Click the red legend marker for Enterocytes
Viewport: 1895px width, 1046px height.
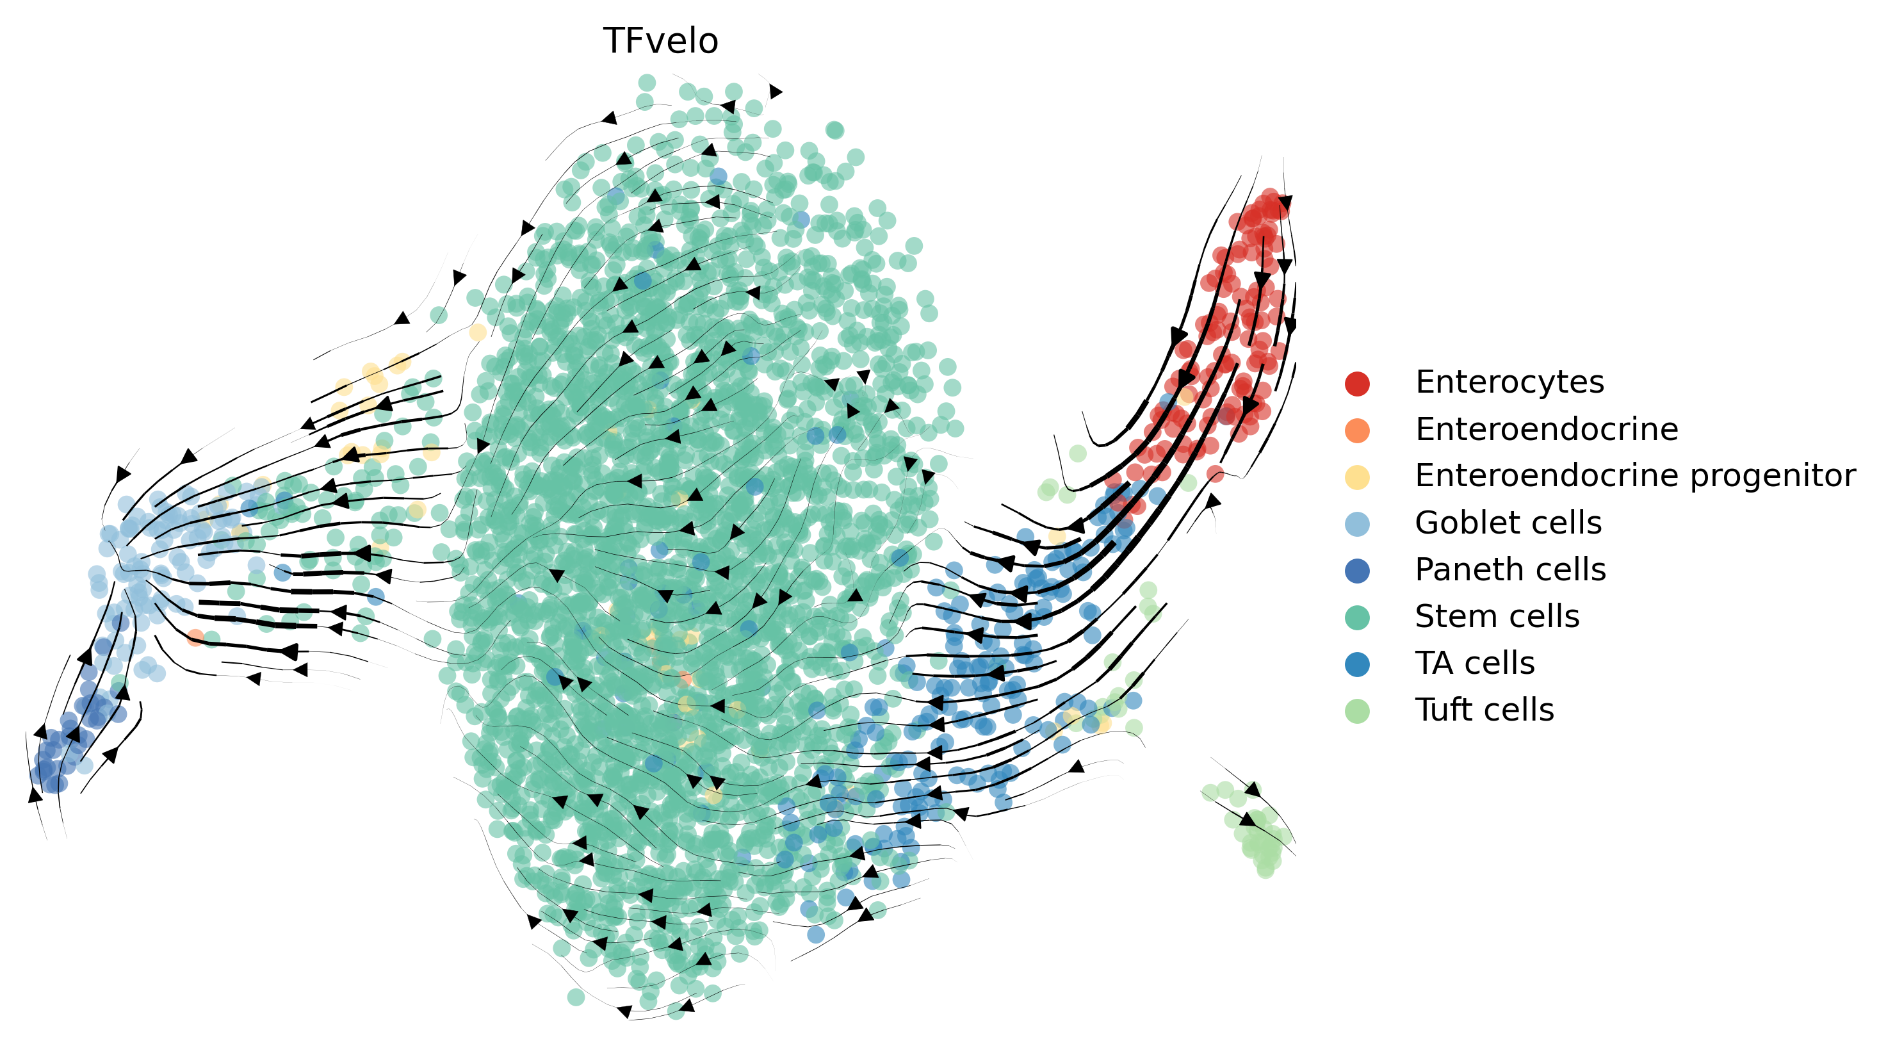[1356, 383]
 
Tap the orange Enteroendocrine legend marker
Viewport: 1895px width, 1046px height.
[1356, 430]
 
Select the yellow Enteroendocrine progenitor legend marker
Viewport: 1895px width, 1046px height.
[1356, 477]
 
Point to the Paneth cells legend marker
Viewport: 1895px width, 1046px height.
[1356, 571]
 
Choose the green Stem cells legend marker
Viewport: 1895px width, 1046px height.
[1356, 617]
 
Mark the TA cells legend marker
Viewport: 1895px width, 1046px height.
[1356, 664]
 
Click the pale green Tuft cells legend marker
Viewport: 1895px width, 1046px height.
[1356, 711]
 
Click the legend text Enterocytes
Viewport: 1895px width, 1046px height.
[1509, 382]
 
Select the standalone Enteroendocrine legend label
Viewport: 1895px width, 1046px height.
[1547, 430]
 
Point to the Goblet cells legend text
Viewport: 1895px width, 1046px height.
[1508, 523]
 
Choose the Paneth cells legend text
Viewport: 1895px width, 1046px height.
[1509, 570]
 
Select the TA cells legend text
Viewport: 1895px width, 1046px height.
[1474, 664]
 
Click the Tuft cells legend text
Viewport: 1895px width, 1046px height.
[1484, 710]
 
